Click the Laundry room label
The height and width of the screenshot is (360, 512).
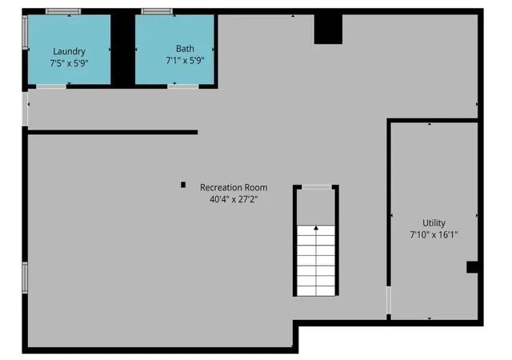(70, 51)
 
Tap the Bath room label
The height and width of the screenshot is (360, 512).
(185, 48)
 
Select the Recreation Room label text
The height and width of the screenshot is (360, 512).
(234, 187)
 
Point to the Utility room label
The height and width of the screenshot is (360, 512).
(434, 222)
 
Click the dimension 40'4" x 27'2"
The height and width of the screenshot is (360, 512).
(234, 199)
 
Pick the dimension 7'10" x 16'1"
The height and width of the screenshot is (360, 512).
(434, 234)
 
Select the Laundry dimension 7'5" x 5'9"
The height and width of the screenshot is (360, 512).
(70, 63)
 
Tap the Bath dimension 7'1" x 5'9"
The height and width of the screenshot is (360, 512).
(185, 61)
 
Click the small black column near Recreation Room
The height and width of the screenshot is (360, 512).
(183, 185)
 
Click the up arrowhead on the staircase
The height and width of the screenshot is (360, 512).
(316, 228)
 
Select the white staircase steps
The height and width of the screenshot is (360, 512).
(316, 261)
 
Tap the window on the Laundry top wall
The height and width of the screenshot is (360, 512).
(63, 11)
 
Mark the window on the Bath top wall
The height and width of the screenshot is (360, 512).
(157, 11)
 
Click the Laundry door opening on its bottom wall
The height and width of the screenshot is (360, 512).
(51, 86)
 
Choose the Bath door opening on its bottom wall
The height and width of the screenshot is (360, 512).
(183, 86)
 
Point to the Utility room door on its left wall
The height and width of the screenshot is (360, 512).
(389, 300)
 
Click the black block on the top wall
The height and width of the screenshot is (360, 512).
(328, 29)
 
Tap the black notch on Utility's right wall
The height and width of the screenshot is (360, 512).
(472, 267)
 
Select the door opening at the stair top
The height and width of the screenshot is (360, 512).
(317, 187)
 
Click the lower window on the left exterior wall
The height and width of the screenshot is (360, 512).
(25, 278)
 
